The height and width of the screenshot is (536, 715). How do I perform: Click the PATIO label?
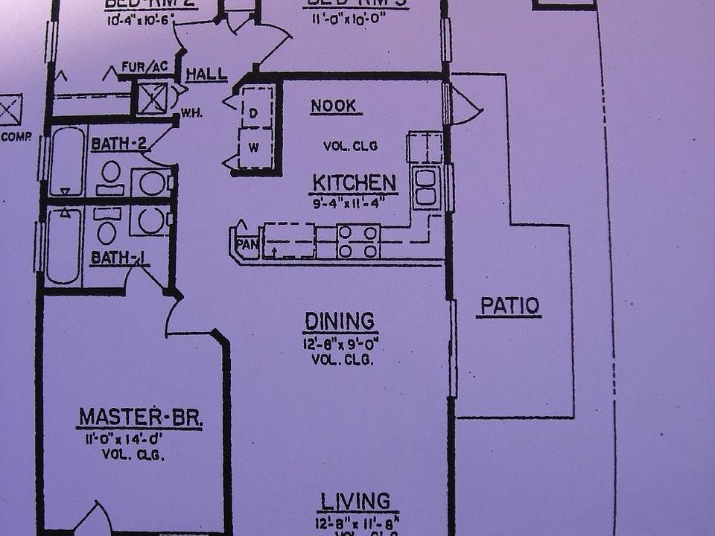[x=509, y=306]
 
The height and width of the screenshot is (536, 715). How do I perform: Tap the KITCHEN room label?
[x=354, y=183]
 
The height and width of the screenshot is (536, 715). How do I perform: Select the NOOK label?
[x=334, y=106]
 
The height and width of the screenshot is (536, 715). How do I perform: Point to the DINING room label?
[x=339, y=322]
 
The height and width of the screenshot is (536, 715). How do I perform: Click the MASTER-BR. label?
[x=140, y=418]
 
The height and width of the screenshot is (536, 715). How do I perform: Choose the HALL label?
[x=206, y=74]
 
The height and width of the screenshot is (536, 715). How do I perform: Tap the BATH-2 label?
[x=118, y=144]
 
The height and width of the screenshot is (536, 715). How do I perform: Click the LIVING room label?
[x=355, y=501]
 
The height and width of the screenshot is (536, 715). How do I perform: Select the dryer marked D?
[x=254, y=112]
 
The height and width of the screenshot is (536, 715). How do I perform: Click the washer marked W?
[x=254, y=147]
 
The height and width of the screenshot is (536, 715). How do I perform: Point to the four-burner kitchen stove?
[x=358, y=242]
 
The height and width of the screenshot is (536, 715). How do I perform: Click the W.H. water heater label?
[x=191, y=114]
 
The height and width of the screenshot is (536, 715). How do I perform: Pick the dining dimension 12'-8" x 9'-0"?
[x=340, y=345]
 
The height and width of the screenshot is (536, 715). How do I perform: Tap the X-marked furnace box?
[x=153, y=98]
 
